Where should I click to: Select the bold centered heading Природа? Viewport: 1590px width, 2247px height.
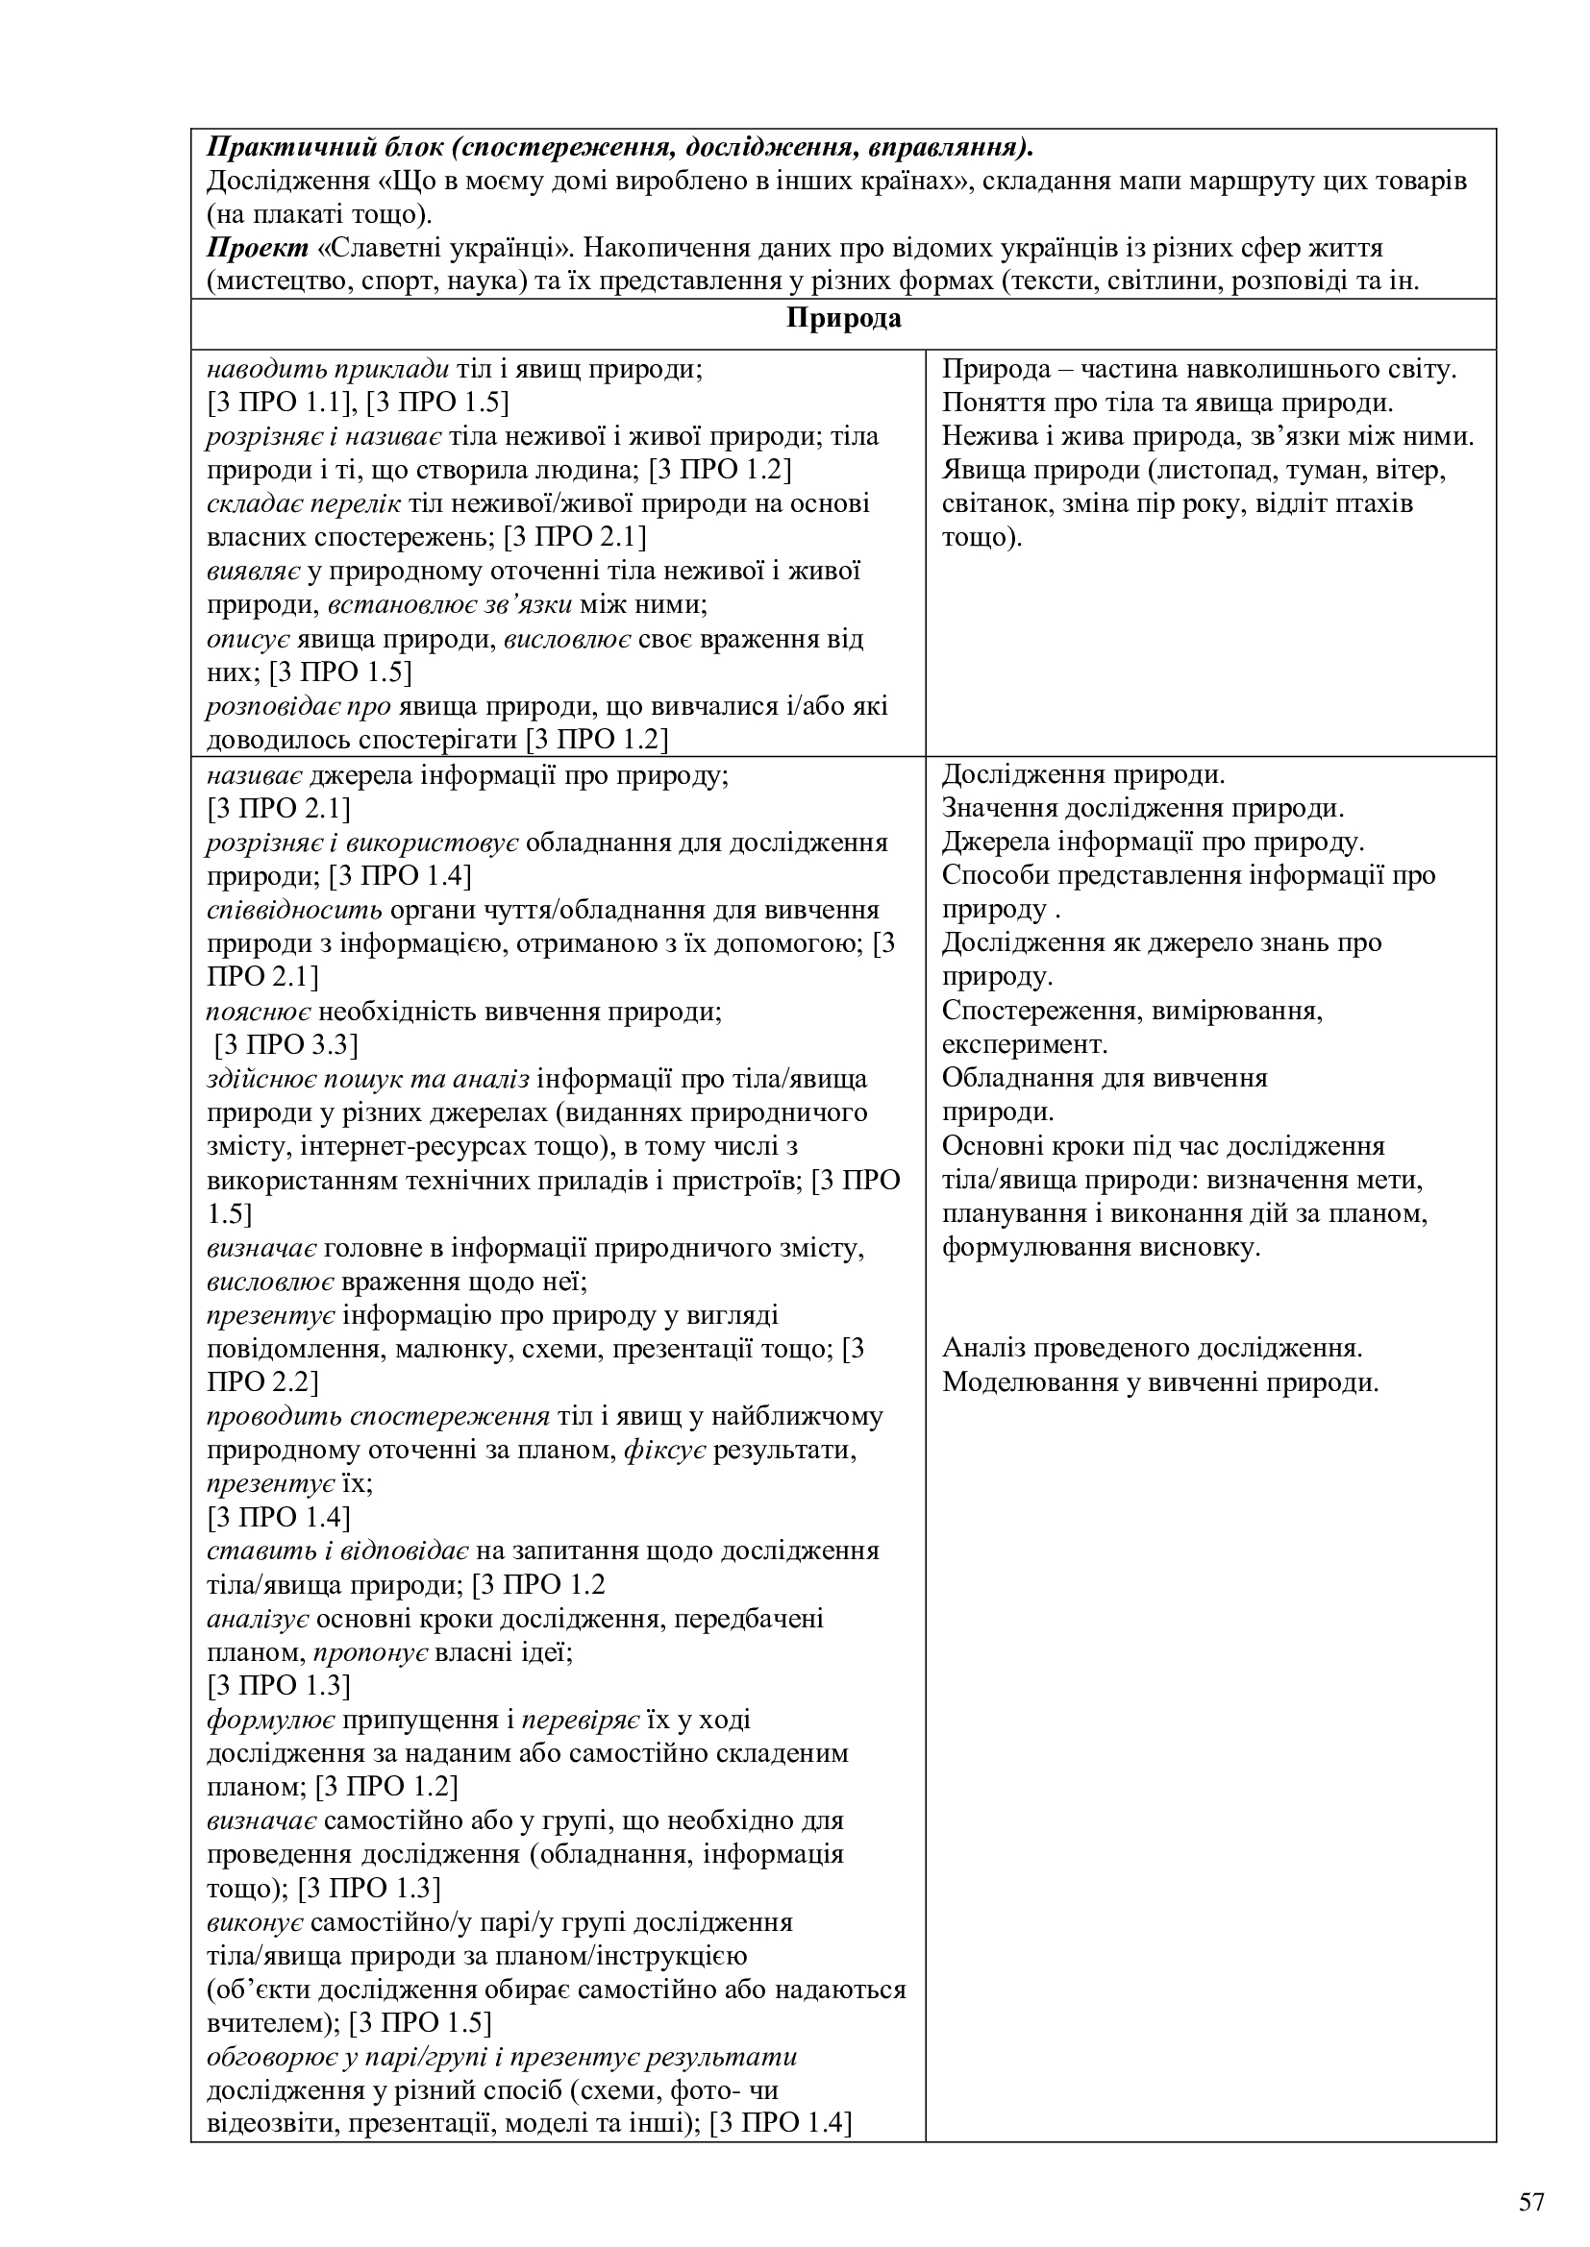click(x=843, y=318)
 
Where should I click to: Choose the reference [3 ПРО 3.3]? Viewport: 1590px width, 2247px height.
click(x=286, y=1045)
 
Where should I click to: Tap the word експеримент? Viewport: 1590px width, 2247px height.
click(x=1024, y=1044)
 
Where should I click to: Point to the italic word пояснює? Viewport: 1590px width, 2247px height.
click(x=259, y=1011)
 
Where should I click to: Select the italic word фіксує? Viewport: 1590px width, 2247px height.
click(x=665, y=1450)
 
